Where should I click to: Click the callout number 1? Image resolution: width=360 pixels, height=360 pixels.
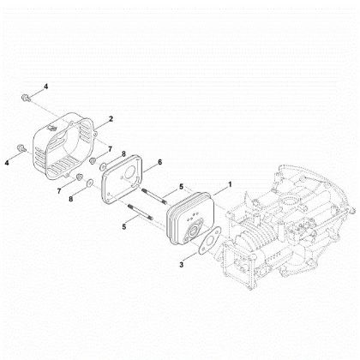229,184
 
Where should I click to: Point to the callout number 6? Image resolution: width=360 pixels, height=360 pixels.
159,161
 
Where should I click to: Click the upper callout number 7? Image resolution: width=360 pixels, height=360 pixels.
109,150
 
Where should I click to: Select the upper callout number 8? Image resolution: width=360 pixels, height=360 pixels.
125,154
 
